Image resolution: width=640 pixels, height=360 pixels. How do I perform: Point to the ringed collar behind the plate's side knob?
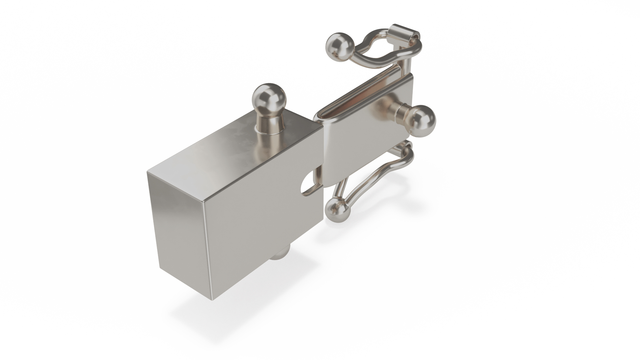tap(399, 110)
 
